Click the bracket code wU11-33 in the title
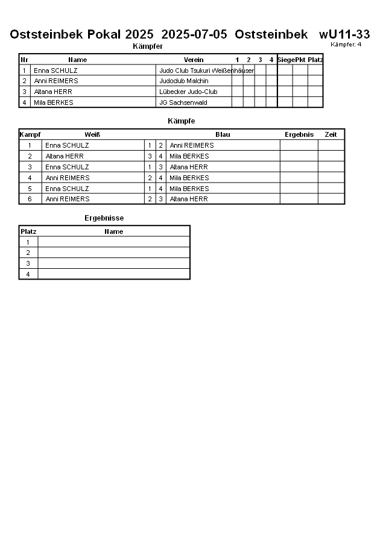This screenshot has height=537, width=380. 344,34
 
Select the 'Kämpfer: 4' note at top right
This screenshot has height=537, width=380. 346,45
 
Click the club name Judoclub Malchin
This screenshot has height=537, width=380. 184,81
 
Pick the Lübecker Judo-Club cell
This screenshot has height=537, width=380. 188,92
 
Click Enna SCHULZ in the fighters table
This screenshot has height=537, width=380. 55,71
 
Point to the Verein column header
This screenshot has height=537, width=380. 194,60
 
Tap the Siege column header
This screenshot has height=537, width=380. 285,60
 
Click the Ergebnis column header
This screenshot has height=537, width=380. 299,134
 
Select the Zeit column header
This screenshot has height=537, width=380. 331,134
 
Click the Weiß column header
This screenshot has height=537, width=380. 92,134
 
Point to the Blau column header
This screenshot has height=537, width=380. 223,134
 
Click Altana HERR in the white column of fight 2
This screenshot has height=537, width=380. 65,156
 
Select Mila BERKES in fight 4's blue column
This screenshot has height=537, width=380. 189,178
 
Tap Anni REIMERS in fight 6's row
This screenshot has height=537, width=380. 68,199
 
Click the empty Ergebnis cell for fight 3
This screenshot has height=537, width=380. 299,167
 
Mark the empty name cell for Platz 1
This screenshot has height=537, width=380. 113,242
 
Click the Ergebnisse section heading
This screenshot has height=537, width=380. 104,218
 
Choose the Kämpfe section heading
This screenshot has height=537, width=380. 181,121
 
